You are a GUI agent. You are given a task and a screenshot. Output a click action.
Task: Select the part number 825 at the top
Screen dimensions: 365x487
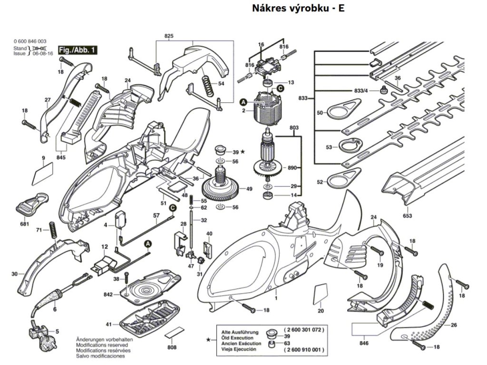169,36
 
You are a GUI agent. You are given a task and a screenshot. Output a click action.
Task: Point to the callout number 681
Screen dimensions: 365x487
25,224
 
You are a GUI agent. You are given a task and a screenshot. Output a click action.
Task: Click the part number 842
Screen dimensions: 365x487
108,295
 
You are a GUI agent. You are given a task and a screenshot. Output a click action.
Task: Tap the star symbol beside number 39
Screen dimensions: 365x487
243,152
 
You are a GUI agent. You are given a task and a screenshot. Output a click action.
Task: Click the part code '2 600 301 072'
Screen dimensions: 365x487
304,329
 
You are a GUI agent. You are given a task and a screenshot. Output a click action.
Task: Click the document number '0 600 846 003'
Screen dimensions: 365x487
30,42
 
